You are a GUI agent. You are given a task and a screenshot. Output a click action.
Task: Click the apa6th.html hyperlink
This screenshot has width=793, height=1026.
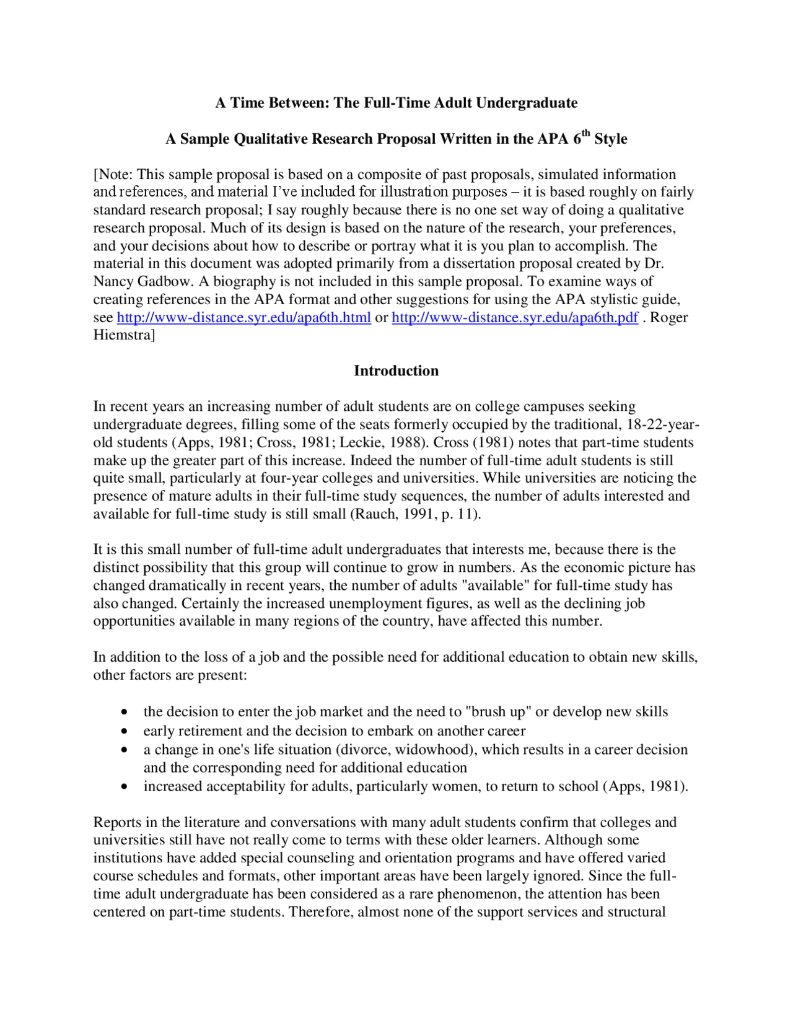(243, 318)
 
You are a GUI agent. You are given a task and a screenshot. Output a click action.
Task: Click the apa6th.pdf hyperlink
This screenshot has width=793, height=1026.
(514, 318)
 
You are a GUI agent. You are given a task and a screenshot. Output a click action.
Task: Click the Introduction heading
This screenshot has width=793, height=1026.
(396, 370)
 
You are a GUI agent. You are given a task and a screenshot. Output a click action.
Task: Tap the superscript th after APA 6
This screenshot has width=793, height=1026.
(586, 133)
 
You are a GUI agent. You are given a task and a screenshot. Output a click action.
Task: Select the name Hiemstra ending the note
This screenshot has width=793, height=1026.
(122, 335)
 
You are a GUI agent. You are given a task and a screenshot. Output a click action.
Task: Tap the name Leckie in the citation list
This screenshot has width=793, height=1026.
(358, 443)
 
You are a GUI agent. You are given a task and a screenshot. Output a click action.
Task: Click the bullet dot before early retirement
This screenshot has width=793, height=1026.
(125, 732)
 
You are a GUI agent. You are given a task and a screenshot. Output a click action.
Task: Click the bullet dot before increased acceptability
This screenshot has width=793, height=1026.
(125, 787)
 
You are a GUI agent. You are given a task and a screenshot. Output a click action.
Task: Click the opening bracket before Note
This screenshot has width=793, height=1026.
(95, 175)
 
